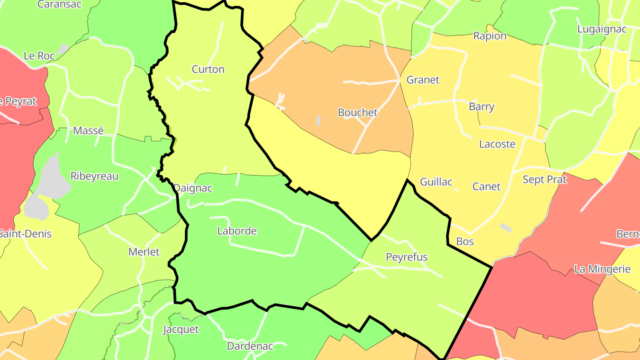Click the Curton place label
click(x=208, y=69)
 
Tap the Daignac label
click(x=193, y=188)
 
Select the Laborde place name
click(x=237, y=231)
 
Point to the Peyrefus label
click(x=407, y=257)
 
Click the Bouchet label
click(x=357, y=112)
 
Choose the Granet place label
click(x=423, y=80)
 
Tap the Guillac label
click(x=436, y=182)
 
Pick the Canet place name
click(x=486, y=187)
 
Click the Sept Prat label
click(x=544, y=180)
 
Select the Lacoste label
click(x=497, y=144)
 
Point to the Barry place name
click(x=481, y=107)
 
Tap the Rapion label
click(x=490, y=36)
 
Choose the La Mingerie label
click(x=602, y=269)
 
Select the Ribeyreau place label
click(x=95, y=176)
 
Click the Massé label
click(x=88, y=131)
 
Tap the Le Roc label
click(x=39, y=56)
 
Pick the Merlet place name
click(x=144, y=252)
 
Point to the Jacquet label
click(x=181, y=330)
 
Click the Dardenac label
click(x=250, y=346)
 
